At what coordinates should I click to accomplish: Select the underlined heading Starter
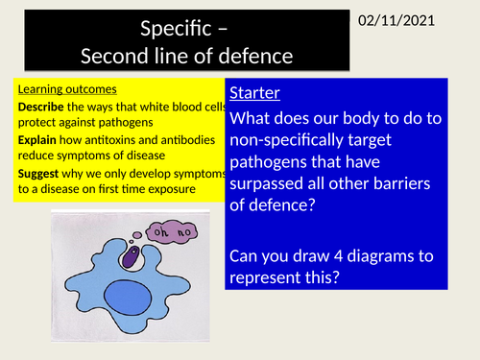tap(255, 96)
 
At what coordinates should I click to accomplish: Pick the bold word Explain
tap(37, 138)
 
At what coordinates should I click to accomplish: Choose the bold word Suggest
tap(40, 173)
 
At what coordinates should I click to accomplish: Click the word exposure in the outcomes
tap(201, 188)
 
